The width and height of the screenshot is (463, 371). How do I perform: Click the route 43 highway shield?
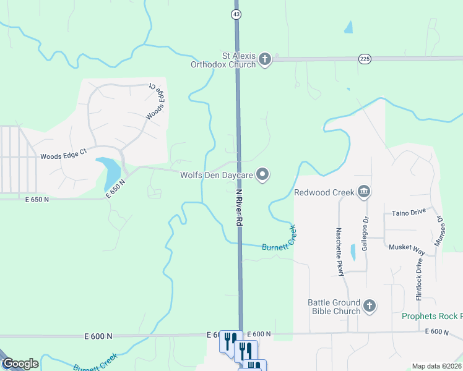(236, 13)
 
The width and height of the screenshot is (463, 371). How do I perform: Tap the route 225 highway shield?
(365, 59)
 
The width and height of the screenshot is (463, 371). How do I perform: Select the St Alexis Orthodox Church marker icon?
(264, 59)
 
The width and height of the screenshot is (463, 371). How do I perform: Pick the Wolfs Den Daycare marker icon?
(262, 175)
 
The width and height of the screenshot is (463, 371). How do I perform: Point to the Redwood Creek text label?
(324, 192)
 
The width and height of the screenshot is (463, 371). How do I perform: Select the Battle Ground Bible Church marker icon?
(369, 306)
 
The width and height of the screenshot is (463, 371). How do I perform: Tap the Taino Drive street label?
(409, 212)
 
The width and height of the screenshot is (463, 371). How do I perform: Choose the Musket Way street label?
(407, 247)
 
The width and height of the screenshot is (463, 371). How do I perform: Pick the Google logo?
(20, 364)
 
